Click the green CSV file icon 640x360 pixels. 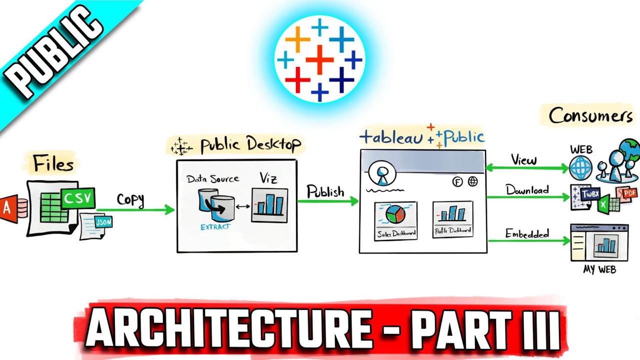coord(78,198)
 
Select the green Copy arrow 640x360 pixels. coord(135,210)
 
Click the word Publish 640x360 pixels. coord(325,191)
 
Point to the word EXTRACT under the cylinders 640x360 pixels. coord(215,226)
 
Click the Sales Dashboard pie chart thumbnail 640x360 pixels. coord(395,220)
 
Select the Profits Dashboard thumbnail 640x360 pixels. coord(452,219)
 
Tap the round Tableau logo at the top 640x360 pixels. coord(320,58)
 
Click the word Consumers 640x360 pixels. coord(590,116)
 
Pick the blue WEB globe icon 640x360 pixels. coord(581,168)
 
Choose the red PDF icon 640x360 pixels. coord(628,192)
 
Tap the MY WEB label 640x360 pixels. coord(599,270)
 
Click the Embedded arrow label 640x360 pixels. coord(526,233)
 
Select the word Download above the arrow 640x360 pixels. coord(527,190)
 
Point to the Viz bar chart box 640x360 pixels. coord(269,205)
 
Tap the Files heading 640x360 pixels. coord(53,163)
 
